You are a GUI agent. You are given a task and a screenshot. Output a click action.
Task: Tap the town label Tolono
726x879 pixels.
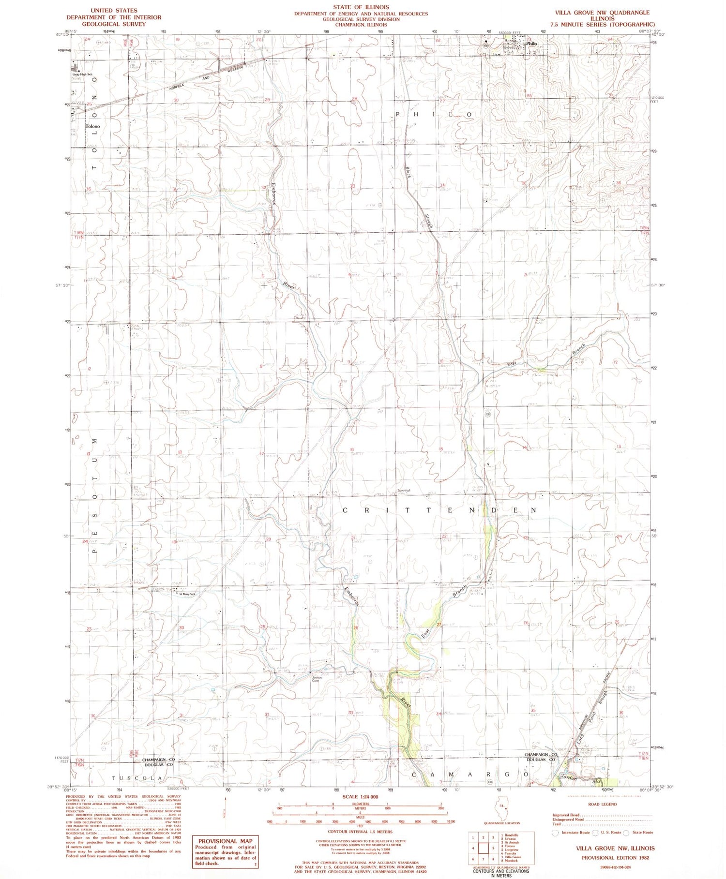point(92,126)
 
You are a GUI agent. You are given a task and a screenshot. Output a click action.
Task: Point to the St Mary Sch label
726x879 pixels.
point(187,594)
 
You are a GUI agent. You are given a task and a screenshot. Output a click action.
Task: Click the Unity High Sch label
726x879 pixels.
point(82,74)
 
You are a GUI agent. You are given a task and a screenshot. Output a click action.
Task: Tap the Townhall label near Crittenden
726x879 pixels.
point(404,491)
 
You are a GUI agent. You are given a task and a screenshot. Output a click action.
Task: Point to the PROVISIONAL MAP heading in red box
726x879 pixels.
point(225,841)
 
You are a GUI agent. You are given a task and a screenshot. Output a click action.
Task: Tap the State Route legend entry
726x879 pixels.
point(639,833)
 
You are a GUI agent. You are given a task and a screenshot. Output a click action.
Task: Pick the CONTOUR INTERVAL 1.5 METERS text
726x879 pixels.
point(360,832)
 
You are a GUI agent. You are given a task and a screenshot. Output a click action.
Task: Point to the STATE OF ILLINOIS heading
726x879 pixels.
point(361,7)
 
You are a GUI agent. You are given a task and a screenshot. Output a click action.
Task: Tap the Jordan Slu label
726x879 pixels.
point(576,778)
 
